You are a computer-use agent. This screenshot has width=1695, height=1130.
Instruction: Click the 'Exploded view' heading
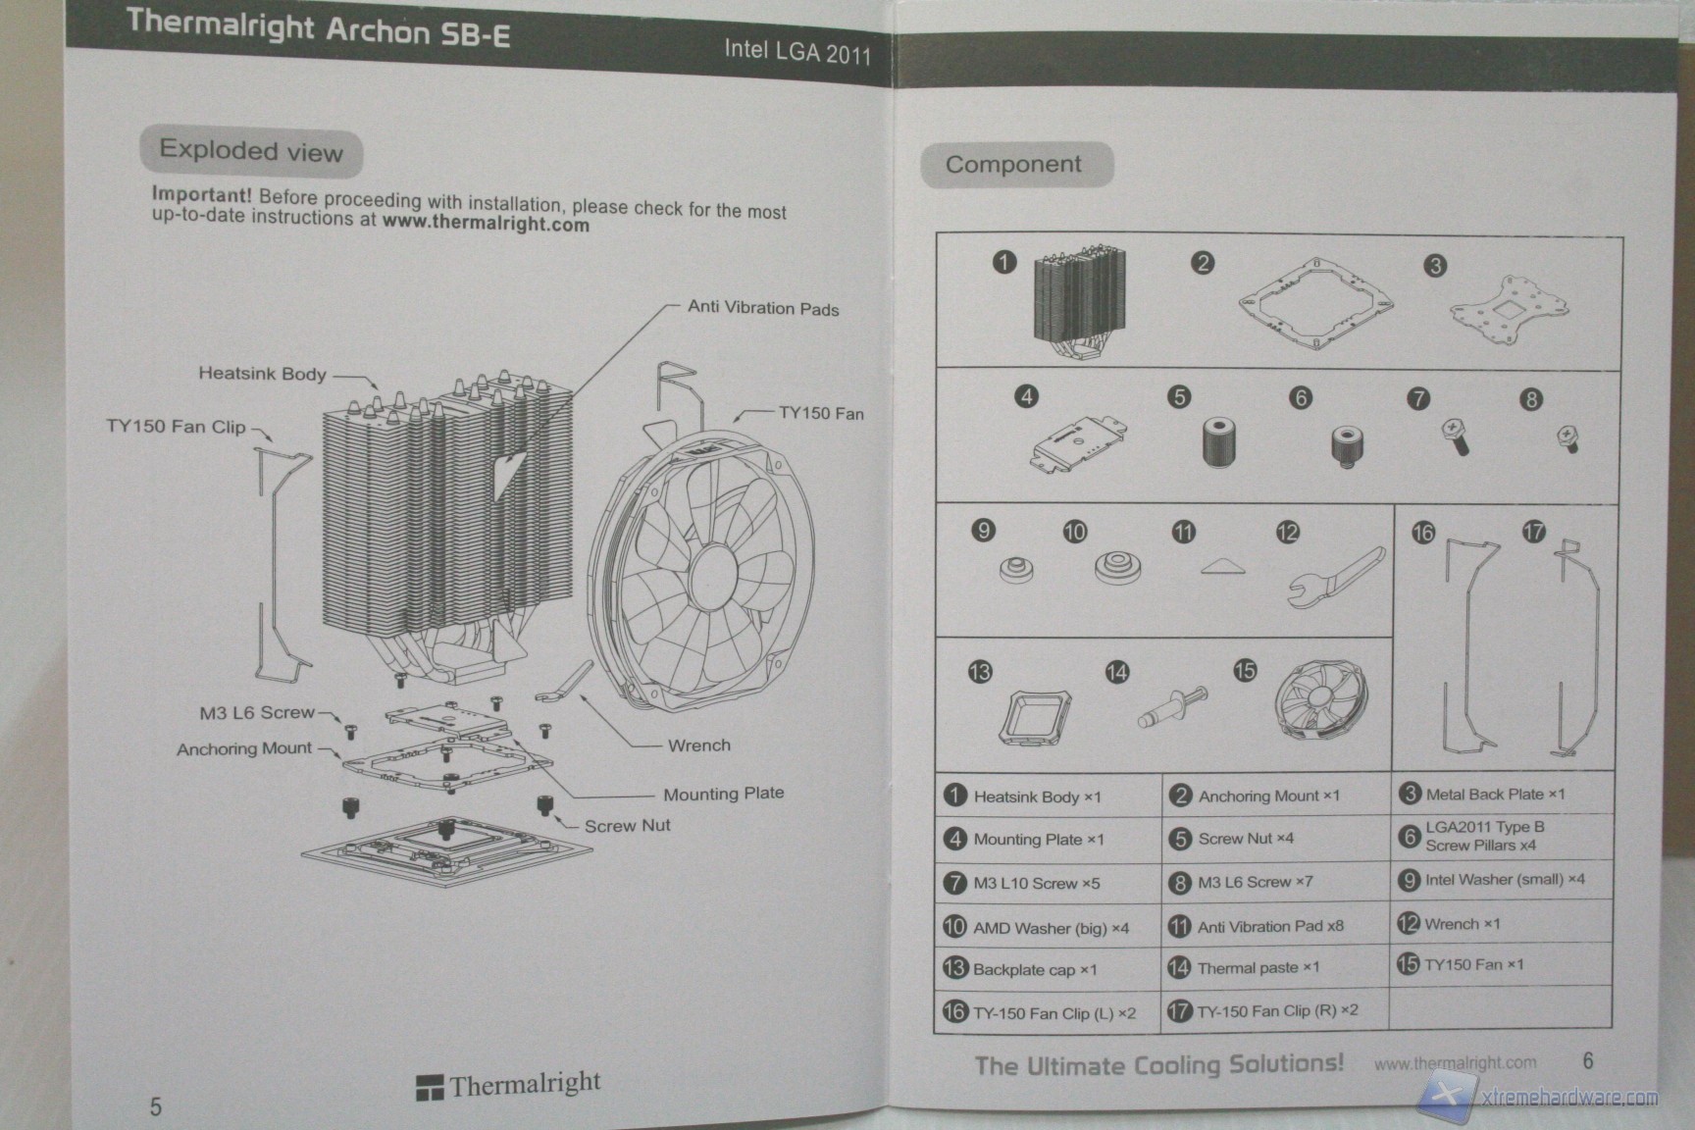pos(251,151)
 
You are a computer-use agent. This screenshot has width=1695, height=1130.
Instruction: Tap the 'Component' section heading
pos(1013,165)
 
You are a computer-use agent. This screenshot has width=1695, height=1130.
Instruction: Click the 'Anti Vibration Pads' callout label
pos(763,308)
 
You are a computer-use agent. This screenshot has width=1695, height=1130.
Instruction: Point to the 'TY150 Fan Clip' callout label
pos(176,427)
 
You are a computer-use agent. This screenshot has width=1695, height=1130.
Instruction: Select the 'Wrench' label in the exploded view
pos(698,745)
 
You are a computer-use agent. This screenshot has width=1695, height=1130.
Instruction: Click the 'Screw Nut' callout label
pos(627,826)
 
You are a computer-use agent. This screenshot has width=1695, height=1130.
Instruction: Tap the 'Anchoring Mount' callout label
pos(244,749)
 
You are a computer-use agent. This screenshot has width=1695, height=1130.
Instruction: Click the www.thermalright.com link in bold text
pos(486,224)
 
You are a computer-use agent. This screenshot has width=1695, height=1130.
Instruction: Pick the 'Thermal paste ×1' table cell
pos(1259,968)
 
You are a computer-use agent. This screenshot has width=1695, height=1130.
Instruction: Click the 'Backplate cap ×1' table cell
pos(1035,970)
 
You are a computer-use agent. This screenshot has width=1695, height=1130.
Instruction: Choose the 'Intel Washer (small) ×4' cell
pos(1504,880)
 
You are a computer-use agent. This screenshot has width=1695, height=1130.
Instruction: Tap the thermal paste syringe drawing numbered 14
pos(1172,707)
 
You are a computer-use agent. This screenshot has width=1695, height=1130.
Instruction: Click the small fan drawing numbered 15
pos(1320,703)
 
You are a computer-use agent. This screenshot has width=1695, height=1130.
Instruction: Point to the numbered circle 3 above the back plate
pos(1434,266)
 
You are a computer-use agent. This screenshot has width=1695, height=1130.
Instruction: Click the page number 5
pos(156,1106)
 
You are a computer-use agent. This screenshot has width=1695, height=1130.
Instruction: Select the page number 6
pos(1588,1060)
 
